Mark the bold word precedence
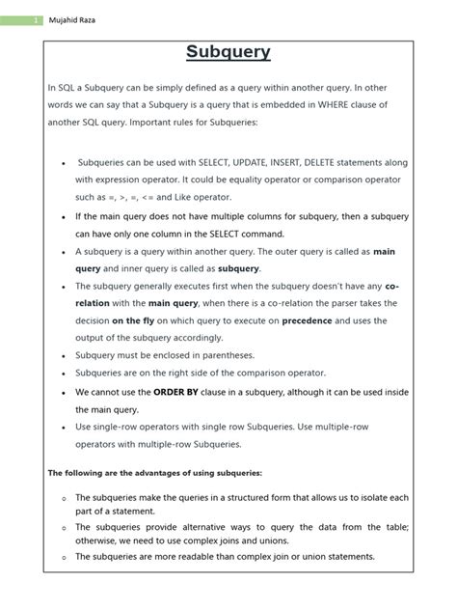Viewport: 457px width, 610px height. click(x=312, y=321)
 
